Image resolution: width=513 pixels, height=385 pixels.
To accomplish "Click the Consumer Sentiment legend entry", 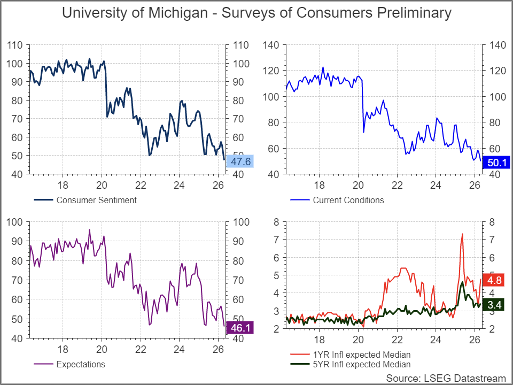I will (x=96, y=201).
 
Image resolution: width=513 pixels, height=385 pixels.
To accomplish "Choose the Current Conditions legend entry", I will (x=348, y=201).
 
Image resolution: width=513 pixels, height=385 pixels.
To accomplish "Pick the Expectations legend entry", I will (x=80, y=365).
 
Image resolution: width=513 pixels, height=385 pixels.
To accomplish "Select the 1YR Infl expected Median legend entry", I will (x=361, y=355).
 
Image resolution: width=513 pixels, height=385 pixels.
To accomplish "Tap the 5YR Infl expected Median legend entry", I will (x=361, y=365).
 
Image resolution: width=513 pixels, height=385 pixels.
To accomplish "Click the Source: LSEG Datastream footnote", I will (x=445, y=378).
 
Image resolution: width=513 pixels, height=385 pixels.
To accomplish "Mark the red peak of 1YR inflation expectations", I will (x=462, y=234).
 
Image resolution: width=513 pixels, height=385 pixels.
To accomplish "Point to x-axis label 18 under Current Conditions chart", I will (x=320, y=186).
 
